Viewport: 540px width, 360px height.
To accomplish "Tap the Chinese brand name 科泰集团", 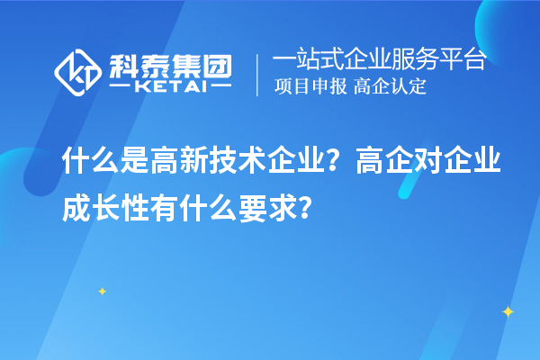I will click(x=168, y=65).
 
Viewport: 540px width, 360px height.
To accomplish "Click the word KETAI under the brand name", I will click(x=169, y=88).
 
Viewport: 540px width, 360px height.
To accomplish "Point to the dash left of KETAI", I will click(x=121, y=88).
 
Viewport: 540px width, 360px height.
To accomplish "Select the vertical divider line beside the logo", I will click(x=259, y=74).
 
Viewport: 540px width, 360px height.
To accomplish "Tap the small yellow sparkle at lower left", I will click(x=103, y=291).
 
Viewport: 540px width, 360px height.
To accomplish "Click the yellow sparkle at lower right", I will click(x=508, y=311).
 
